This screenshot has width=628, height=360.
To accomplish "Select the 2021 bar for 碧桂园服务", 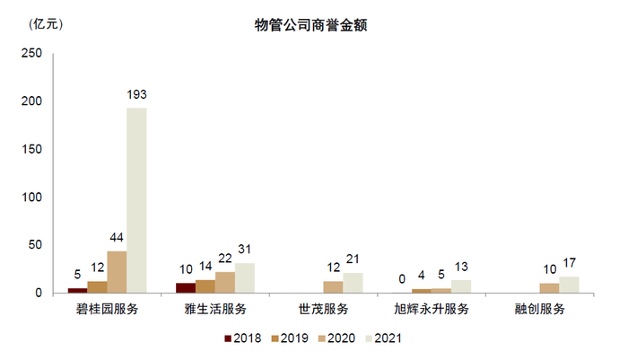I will pyautogui.click(x=136, y=200).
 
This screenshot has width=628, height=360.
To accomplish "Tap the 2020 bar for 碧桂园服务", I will pyautogui.click(x=117, y=272).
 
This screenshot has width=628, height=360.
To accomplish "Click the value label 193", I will pyautogui.click(x=136, y=95).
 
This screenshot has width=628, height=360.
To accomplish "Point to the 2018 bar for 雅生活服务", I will pyautogui.click(x=185, y=287).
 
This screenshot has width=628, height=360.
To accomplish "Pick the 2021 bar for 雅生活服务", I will pyautogui.click(x=245, y=277).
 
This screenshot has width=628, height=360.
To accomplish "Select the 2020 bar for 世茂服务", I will pyautogui.click(x=333, y=287).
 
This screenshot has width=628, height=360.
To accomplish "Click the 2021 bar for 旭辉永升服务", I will pyautogui.click(x=462, y=286).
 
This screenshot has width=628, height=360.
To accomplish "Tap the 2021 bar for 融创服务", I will pyautogui.click(x=570, y=285).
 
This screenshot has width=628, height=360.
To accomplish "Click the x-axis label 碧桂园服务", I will pyautogui.click(x=107, y=310).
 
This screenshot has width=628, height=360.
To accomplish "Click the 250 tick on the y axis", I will pyautogui.click(x=32, y=54).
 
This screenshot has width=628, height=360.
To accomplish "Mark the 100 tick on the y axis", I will pyautogui.click(x=32, y=197).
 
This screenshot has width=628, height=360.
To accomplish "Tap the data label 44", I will pyautogui.click(x=117, y=238).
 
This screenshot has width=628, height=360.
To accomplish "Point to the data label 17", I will pyautogui.click(x=570, y=264).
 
